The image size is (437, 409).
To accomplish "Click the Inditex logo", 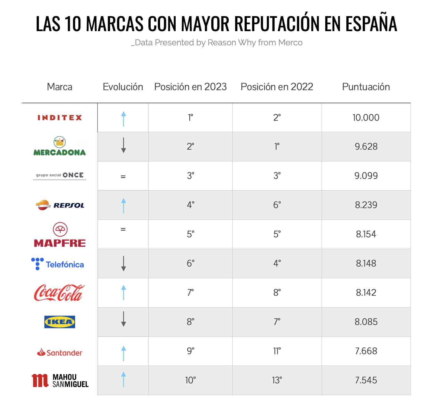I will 60,118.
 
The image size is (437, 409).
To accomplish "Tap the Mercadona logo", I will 59,147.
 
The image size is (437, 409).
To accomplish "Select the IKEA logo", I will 60,322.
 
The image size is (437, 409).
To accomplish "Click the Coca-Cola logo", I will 59,293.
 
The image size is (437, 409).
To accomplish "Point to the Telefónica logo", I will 58,264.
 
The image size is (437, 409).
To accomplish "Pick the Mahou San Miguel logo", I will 60,380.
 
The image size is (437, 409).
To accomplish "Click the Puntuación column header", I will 366,87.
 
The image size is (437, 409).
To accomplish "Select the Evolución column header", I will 123,87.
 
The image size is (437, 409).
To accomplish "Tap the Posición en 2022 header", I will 277,87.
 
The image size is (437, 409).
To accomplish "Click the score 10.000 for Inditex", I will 366,118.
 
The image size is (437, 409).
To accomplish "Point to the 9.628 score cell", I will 366,147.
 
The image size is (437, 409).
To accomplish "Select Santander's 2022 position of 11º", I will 277,351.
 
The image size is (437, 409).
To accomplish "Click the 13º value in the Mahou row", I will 277,380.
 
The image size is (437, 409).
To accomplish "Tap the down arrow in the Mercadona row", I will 123,145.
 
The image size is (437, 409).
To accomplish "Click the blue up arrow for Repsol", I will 123,206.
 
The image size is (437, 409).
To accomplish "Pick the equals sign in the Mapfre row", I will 123,230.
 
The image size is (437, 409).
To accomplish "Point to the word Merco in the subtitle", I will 290,43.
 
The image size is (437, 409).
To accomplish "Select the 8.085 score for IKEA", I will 366,322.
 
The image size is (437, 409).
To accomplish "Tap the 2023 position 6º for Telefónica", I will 190,263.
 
